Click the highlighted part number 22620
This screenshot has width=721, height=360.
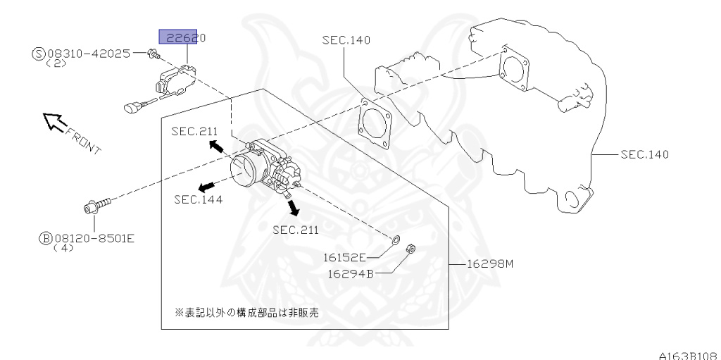[x=182, y=37]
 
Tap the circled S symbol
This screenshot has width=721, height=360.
[x=38, y=53]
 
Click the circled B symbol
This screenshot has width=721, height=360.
[x=45, y=237]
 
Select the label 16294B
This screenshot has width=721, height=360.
[x=349, y=273]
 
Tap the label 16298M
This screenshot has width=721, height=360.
[x=491, y=264]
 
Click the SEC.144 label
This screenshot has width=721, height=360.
[x=199, y=199]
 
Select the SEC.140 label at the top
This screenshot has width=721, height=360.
[x=346, y=39]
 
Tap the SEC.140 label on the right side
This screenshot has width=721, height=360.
[x=644, y=154]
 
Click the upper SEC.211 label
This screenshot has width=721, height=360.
[x=194, y=131]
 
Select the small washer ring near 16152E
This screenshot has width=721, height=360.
[x=395, y=241]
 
